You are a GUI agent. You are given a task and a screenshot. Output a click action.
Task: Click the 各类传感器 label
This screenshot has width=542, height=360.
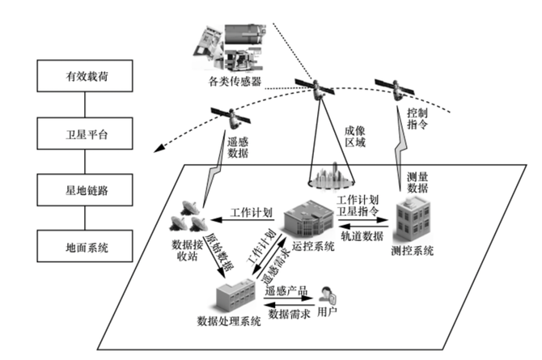point(236,81)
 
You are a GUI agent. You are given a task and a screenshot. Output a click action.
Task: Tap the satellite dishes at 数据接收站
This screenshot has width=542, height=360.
point(193,214)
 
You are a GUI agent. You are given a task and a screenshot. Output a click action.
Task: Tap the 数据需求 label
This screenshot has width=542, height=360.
point(287,314)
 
